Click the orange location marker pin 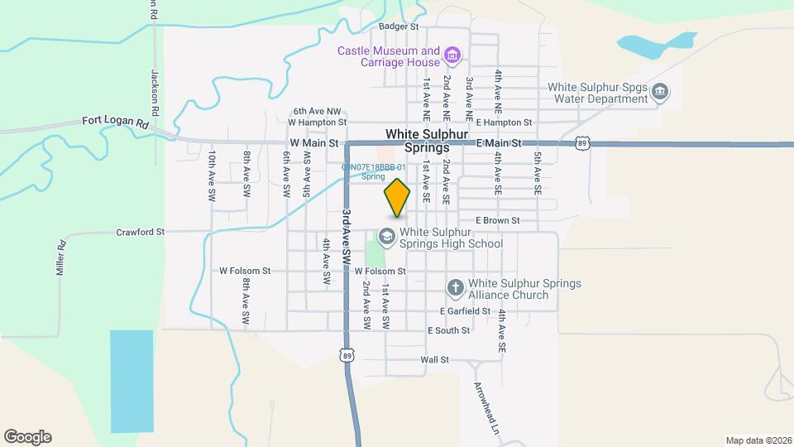398,198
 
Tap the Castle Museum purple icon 452,56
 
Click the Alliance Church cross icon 455,288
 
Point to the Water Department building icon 660,92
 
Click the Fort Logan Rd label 115,122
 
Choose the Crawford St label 141,233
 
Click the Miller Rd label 60,259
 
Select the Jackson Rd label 154,86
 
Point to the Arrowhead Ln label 487,408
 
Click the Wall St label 434,360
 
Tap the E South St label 448,330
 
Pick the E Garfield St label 466,311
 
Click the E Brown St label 497,221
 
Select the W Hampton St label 315,123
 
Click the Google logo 27,436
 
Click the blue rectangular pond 132,381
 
